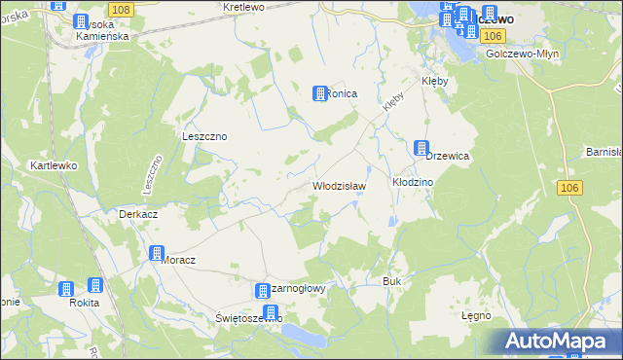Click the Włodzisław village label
[338, 185]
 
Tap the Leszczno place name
[204, 136]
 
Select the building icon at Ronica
[318, 92]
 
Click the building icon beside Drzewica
[421, 148]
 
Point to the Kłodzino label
[412, 182]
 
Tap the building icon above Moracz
[156, 253]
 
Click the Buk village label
[392, 281]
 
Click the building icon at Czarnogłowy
[262, 291]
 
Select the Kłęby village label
[434, 81]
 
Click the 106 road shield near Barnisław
[571, 187]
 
